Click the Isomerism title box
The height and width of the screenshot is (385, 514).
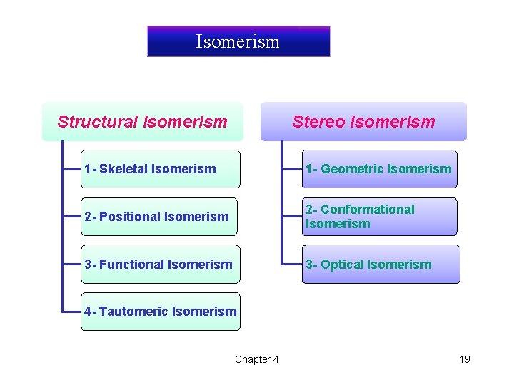(238, 41)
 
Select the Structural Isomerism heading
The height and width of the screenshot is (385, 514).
(142, 122)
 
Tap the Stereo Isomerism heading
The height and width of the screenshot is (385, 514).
(363, 122)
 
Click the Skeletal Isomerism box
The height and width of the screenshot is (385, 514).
(160, 169)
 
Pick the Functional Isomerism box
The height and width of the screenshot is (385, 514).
(160, 265)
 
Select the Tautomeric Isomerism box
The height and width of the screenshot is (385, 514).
(160, 312)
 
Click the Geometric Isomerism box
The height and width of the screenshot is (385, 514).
(379, 169)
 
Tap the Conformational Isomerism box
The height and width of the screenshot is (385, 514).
(379, 217)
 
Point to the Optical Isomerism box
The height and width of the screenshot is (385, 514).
(381, 265)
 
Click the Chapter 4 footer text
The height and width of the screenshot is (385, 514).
(257, 359)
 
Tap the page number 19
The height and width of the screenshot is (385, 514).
(465, 359)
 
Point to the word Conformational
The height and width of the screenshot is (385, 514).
(367, 210)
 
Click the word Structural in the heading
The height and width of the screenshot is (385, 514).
(98, 122)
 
